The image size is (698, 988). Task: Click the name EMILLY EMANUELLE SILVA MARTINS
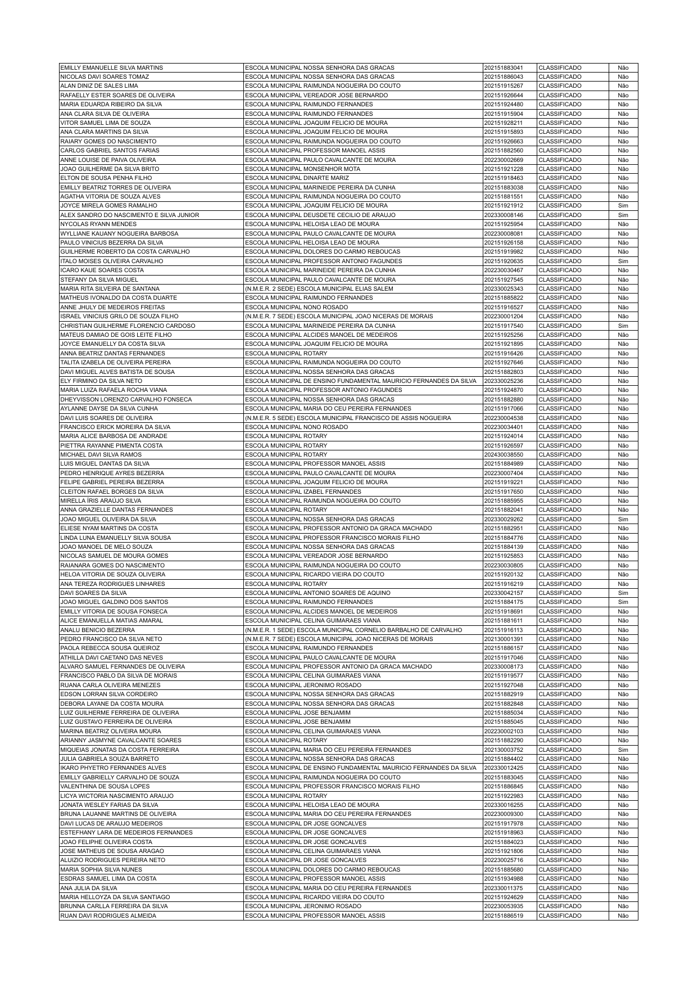click(111, 67)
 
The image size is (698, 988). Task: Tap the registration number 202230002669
click(503, 160)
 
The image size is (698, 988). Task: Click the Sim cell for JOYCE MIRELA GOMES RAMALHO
click(623, 206)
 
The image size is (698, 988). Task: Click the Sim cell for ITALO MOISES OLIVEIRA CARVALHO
click(623, 261)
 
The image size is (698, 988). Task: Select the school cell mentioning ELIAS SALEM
click(319, 288)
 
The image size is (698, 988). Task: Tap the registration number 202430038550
click(503, 454)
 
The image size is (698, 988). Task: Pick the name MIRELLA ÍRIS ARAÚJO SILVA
click(101, 500)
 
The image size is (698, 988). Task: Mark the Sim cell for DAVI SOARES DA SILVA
click(623, 593)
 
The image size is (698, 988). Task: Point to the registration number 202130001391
click(503, 639)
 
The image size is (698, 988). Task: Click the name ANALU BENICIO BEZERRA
click(97, 630)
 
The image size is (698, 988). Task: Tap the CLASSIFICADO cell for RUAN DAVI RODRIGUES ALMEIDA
click(560, 915)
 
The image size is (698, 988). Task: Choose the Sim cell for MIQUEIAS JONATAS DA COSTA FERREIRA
click(623, 750)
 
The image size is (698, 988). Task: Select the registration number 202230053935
click(503, 906)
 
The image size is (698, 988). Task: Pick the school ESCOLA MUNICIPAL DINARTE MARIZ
click(297, 178)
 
